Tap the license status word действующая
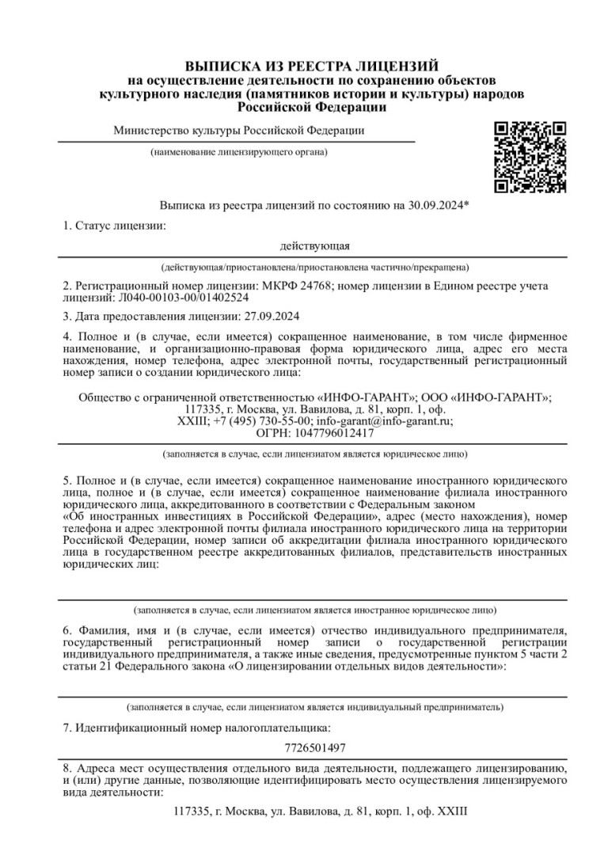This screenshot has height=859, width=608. [x=315, y=246]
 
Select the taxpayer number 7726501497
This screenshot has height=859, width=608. [x=314, y=746]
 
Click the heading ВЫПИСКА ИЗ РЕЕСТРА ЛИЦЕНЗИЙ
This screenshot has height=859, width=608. [x=311, y=67]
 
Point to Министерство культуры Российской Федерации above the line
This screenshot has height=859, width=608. [x=239, y=131]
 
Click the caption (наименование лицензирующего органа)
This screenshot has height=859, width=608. [x=238, y=152]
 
